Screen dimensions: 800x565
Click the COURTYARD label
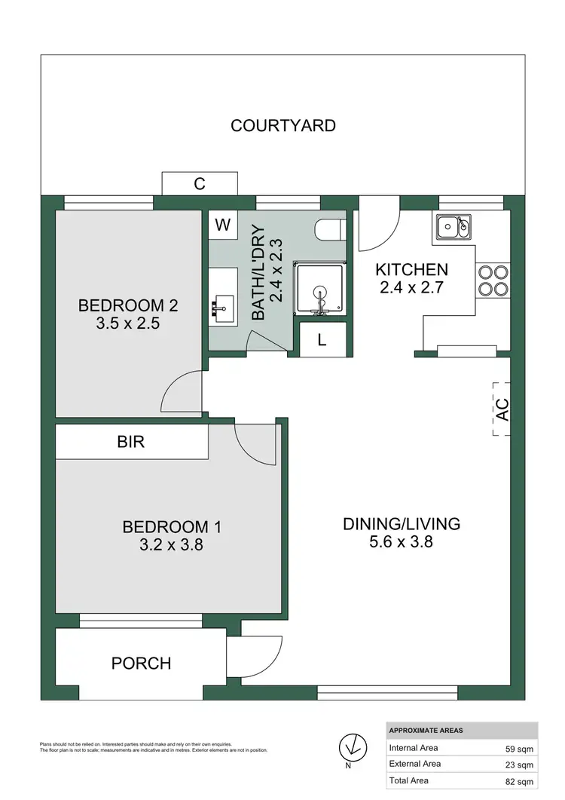[x=282, y=125]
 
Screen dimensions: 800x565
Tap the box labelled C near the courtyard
[x=200, y=182]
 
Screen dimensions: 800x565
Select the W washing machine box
[x=222, y=225]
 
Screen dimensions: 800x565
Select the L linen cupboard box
[x=322, y=339]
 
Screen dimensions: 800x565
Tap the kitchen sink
[x=454, y=224]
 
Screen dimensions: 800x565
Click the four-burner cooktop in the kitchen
[x=493, y=280]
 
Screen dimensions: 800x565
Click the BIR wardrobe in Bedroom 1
[x=131, y=442]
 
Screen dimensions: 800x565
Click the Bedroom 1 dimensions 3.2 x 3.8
[x=172, y=545]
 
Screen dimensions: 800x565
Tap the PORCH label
[x=141, y=664]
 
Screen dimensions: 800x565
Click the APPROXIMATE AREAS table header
[x=426, y=731]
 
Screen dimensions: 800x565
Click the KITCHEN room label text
[x=411, y=269]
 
